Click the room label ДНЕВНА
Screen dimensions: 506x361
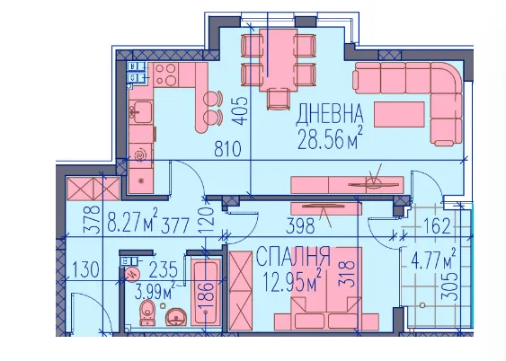pyautogui.click(x=330, y=114)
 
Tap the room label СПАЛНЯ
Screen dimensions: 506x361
pyautogui.click(x=293, y=257)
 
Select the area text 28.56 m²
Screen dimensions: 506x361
pyautogui.click(x=330, y=138)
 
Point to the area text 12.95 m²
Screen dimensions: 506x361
pyautogui.click(x=292, y=281)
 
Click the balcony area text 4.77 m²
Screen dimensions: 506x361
pyautogui.click(x=433, y=260)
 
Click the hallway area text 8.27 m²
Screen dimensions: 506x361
pyautogui.click(x=132, y=220)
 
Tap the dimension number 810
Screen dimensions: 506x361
pyautogui.click(x=227, y=149)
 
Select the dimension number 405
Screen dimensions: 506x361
pyautogui.click(x=241, y=110)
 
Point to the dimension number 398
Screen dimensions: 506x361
pyautogui.click(x=300, y=225)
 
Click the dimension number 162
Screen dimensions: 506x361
pyautogui.click(x=436, y=226)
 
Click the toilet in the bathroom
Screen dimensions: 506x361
pyautogui.click(x=147, y=313)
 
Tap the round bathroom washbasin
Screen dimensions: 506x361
pyautogui.click(x=175, y=317)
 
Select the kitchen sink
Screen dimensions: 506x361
pyautogui.click(x=140, y=111)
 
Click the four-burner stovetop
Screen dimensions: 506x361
pyautogui.click(x=165, y=75)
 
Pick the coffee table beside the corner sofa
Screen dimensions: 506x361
pyautogui.click(x=399, y=114)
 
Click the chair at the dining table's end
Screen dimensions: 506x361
pyautogui.click(x=278, y=99)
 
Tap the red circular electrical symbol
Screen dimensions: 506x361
pyautogui.click(x=132, y=274)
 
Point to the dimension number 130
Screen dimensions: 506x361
pyautogui.click(x=85, y=270)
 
